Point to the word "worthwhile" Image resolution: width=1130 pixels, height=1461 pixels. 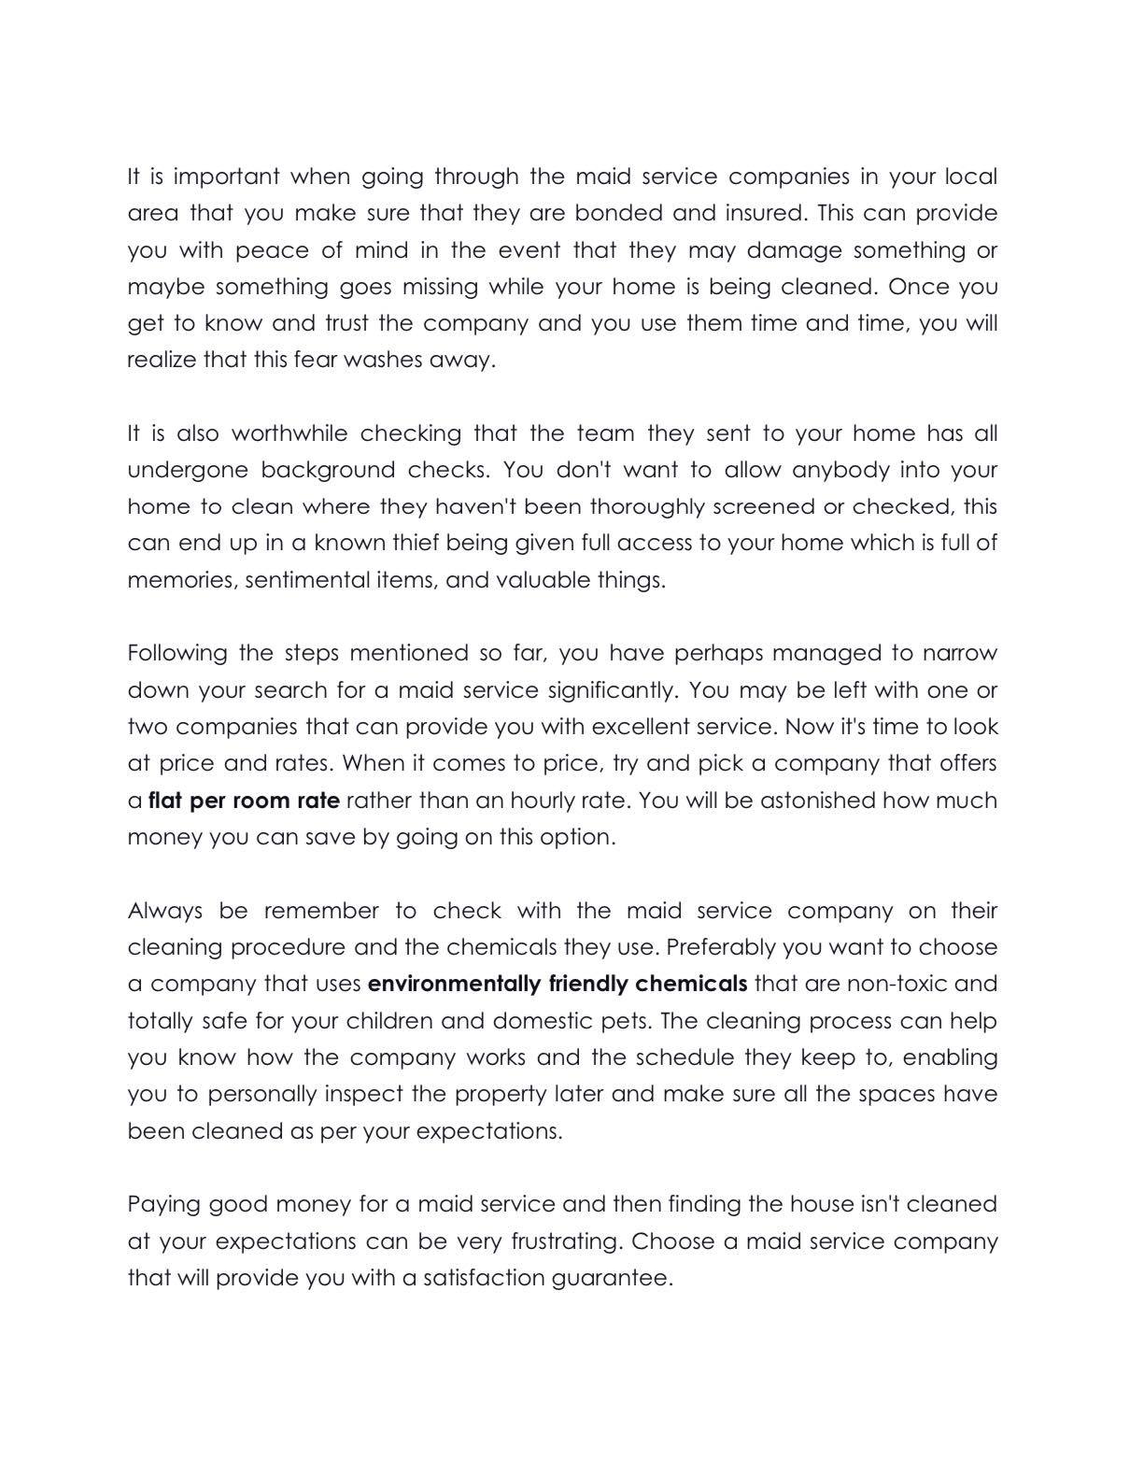(x=290, y=433)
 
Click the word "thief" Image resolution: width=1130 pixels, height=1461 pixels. (x=411, y=543)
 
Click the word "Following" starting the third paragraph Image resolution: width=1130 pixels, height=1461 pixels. (x=177, y=653)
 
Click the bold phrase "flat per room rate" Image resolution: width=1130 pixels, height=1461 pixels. (x=244, y=801)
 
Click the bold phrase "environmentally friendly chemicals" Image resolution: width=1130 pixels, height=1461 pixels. (x=558, y=984)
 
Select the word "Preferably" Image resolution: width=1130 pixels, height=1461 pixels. (x=722, y=947)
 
